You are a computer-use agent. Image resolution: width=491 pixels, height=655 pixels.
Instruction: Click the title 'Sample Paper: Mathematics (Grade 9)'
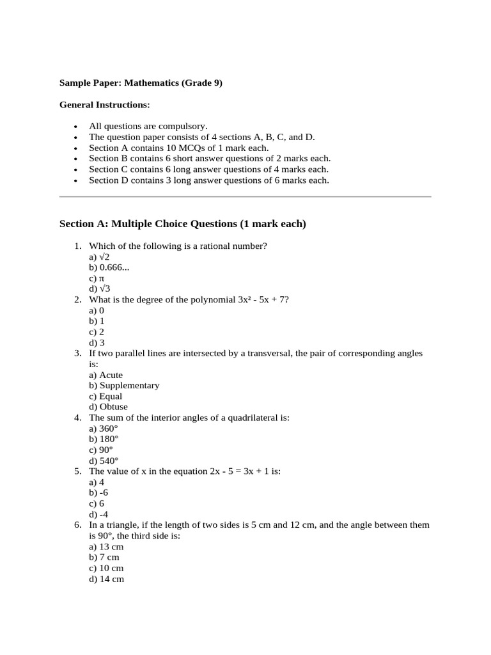(x=141, y=83)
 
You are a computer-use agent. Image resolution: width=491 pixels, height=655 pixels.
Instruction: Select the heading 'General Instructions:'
(x=105, y=104)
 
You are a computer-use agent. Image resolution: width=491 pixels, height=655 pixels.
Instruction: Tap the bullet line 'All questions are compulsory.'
(x=148, y=127)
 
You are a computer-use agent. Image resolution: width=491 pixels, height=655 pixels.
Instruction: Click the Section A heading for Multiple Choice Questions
(x=182, y=224)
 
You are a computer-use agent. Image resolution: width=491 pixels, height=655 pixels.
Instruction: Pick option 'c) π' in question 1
(x=97, y=278)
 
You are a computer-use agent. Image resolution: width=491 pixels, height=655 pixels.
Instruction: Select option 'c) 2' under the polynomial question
(x=97, y=332)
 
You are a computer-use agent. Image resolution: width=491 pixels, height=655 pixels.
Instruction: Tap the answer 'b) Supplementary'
(x=124, y=386)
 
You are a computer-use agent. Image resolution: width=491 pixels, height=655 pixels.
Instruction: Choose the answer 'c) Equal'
(x=105, y=397)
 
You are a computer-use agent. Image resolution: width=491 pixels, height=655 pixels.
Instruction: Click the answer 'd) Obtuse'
(x=108, y=407)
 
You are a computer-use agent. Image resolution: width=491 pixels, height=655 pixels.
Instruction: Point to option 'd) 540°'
(x=104, y=461)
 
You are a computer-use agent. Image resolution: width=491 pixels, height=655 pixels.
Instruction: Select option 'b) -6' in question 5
(x=98, y=493)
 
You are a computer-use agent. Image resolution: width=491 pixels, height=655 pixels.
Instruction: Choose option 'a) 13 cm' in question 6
(x=106, y=547)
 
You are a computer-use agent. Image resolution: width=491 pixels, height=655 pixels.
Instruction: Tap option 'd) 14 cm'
(x=106, y=579)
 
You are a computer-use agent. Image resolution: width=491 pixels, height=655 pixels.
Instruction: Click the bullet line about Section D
(x=208, y=180)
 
